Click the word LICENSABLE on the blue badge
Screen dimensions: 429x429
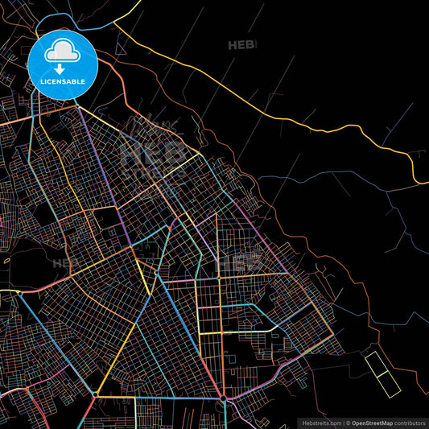coord(63,82)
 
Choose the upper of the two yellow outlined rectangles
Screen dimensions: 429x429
coord(376,364)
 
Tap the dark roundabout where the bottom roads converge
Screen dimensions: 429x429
coord(222,398)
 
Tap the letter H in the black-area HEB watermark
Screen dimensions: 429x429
coord(233,46)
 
